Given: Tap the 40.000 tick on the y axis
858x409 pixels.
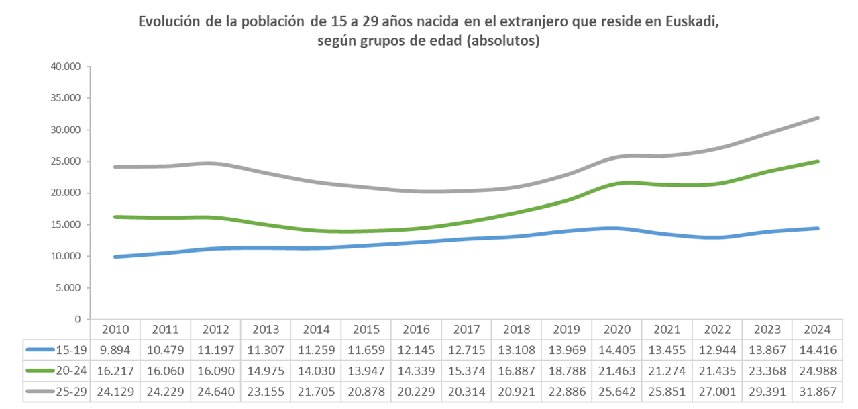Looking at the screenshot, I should [x=66, y=66].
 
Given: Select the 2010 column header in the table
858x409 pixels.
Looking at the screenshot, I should [x=115, y=330].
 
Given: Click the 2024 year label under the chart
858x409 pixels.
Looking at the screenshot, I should [x=816, y=330].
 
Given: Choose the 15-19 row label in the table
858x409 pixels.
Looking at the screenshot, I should [x=73, y=349].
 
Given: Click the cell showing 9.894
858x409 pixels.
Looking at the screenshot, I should [x=115, y=349].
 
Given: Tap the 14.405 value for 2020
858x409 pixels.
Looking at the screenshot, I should [x=616, y=349].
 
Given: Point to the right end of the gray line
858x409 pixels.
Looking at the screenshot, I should [x=818, y=118].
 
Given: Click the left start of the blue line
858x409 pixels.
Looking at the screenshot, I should [x=115, y=257].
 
